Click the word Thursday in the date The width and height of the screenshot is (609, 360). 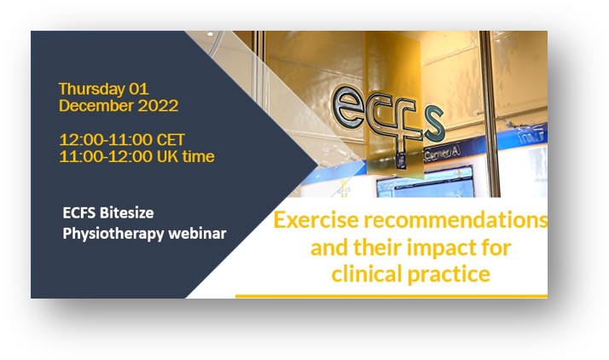[x=91, y=90]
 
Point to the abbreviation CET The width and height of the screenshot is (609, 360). [x=170, y=140]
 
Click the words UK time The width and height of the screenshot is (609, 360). [x=186, y=156]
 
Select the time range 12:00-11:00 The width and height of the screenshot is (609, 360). [x=106, y=140]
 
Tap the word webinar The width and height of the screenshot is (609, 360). [x=197, y=234]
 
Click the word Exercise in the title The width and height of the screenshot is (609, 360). [x=316, y=220]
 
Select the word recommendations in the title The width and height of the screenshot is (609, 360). [x=455, y=220]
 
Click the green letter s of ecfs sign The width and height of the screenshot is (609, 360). [x=434, y=125]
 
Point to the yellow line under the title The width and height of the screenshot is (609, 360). [x=391, y=296]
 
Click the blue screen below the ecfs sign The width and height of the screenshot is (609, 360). [x=426, y=183]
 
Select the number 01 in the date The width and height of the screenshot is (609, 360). [x=139, y=90]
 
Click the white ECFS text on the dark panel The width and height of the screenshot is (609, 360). [x=79, y=212]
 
